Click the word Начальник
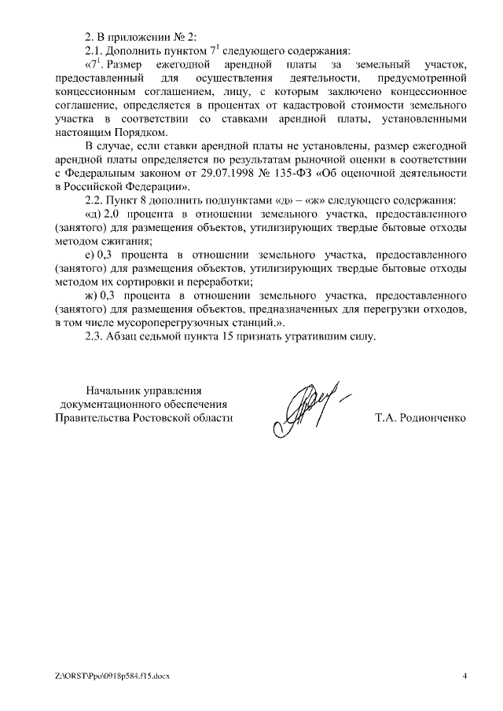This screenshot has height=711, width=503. pyautogui.click(x=115, y=390)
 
